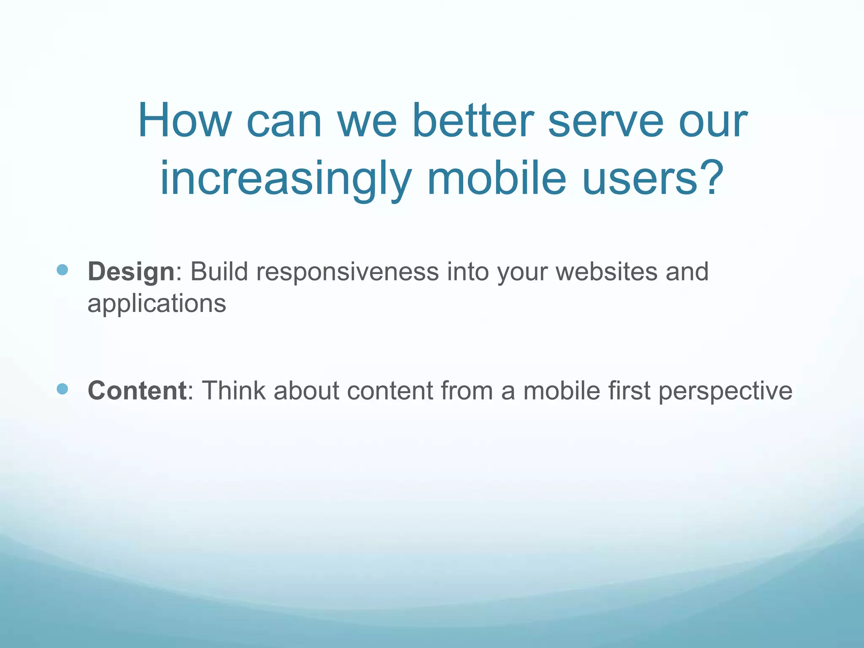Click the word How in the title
184,121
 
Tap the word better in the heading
473,121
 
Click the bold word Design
131,272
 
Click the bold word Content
137,391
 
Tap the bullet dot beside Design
62,270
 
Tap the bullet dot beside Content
62,389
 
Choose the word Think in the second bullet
234,391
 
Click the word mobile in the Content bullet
562,391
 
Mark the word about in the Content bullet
306,391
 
